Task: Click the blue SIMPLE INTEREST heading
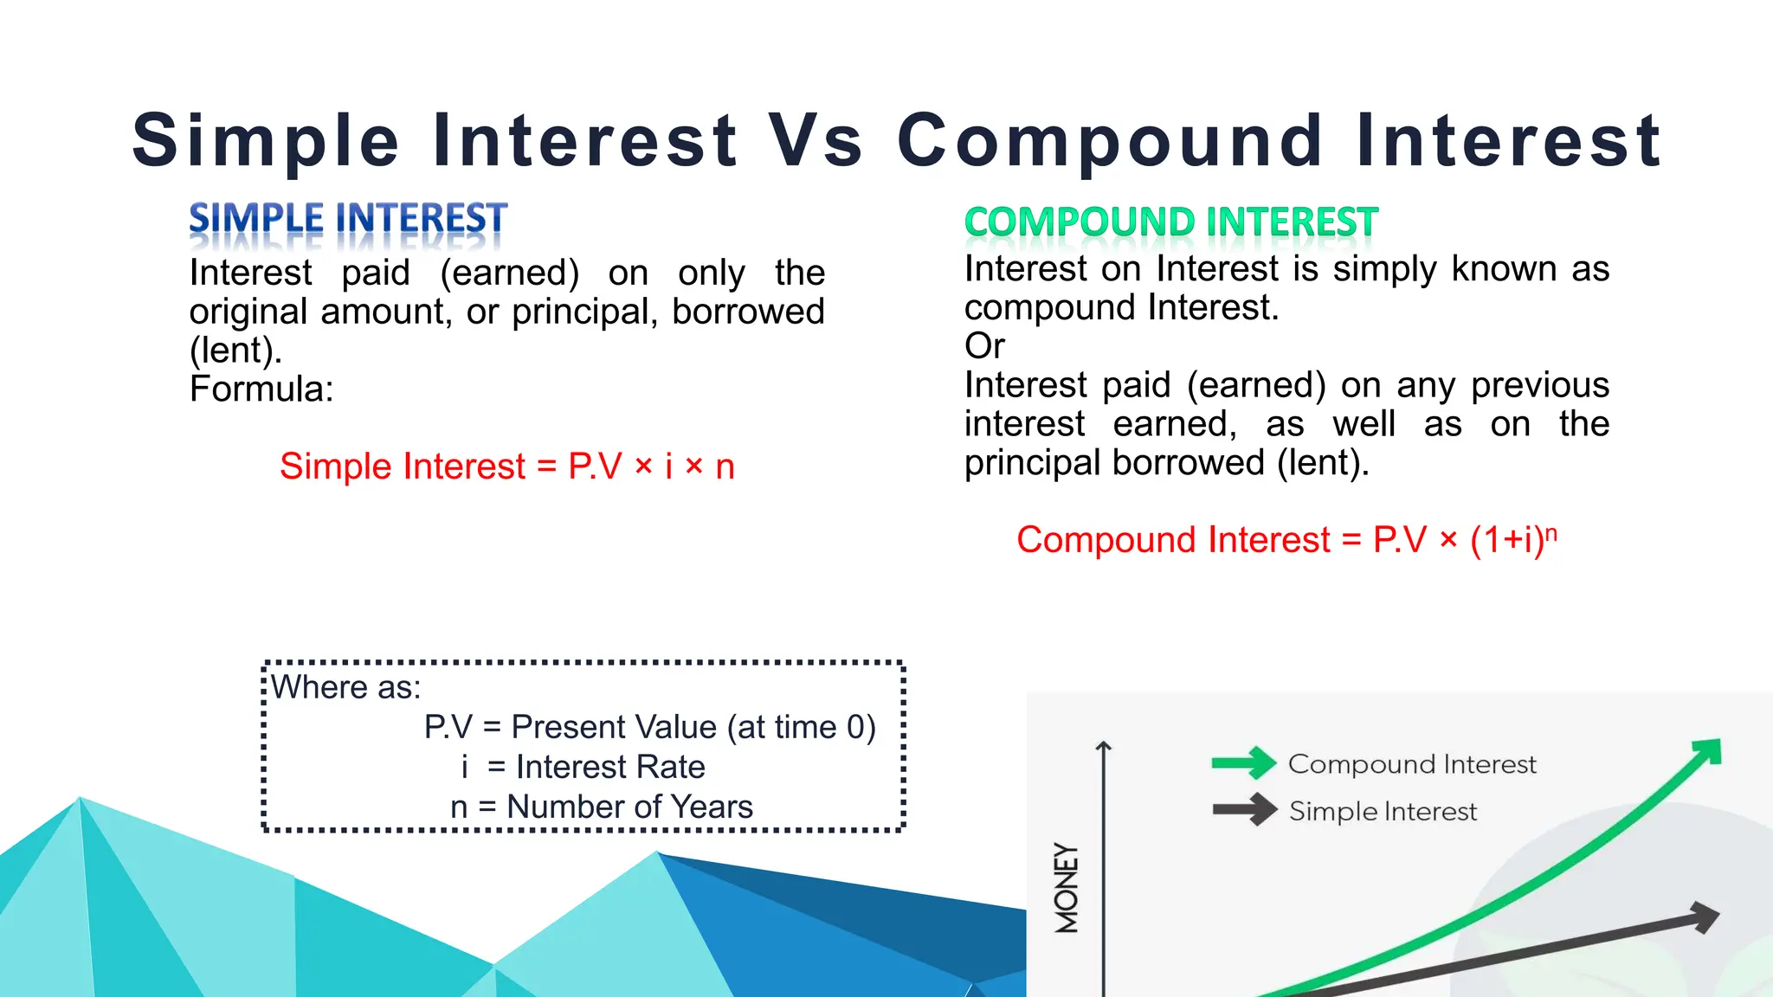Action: (348, 218)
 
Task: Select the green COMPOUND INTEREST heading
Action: (1170, 222)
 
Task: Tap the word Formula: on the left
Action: (261, 389)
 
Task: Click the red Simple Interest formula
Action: (506, 466)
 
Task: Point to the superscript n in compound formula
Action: (1551, 533)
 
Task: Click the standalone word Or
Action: (984, 346)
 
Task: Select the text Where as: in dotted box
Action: (345, 687)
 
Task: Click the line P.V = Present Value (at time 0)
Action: (649, 727)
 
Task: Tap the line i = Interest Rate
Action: (583, 767)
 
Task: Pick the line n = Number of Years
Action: (602, 807)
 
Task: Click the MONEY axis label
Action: (1067, 888)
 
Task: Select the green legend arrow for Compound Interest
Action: (1244, 762)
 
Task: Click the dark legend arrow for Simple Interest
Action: (1244, 810)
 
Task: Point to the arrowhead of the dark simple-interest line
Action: (1704, 917)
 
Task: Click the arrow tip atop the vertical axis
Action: (1103, 745)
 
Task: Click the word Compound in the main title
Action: (1110, 141)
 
